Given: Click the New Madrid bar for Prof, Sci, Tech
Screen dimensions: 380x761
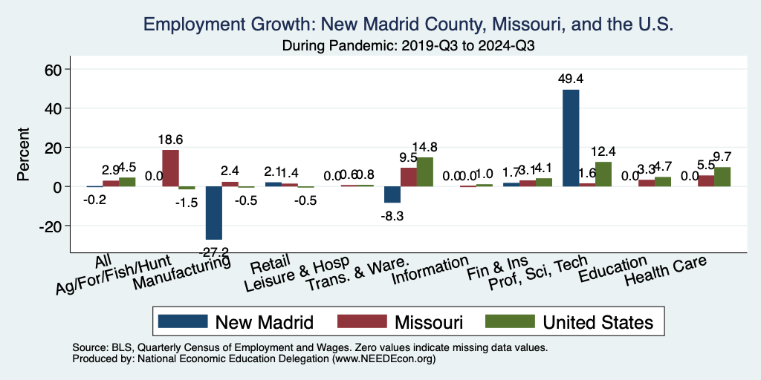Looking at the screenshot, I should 571,138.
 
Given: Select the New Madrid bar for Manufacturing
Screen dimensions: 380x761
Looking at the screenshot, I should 214,213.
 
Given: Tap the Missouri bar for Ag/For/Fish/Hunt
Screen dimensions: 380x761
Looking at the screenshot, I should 170,168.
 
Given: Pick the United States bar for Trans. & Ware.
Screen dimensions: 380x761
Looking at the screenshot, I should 424,172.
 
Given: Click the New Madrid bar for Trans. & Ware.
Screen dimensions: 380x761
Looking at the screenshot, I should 392,194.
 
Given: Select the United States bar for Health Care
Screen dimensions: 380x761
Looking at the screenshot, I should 722,177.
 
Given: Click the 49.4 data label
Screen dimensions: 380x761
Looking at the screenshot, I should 571,78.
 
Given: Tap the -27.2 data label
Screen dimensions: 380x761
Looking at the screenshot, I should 214,251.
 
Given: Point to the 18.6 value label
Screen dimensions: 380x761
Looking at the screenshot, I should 170,139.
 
